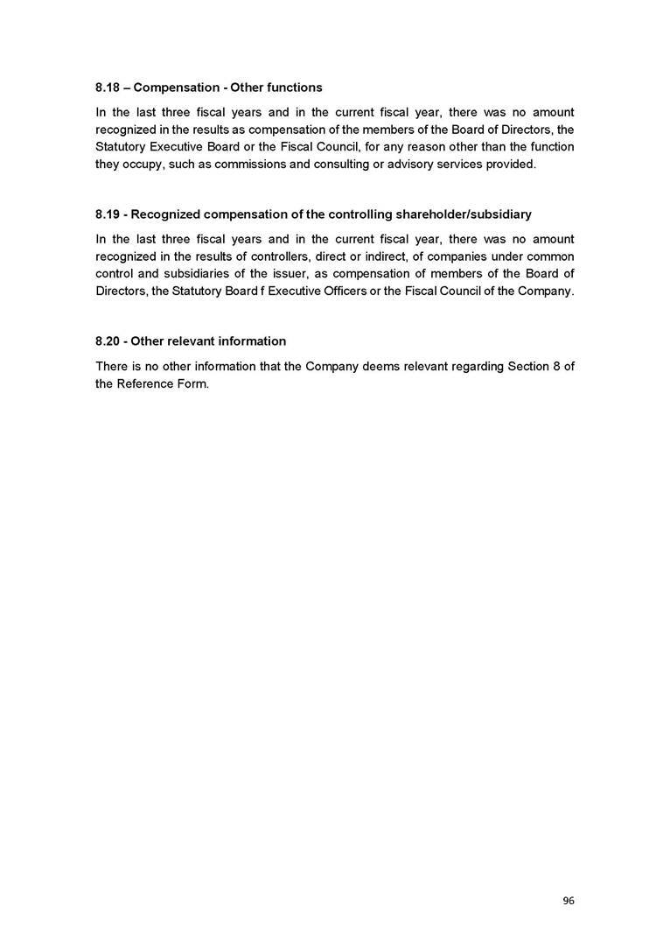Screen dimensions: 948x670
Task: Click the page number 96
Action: click(x=569, y=901)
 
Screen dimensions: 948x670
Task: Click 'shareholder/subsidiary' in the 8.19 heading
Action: click(x=464, y=214)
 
